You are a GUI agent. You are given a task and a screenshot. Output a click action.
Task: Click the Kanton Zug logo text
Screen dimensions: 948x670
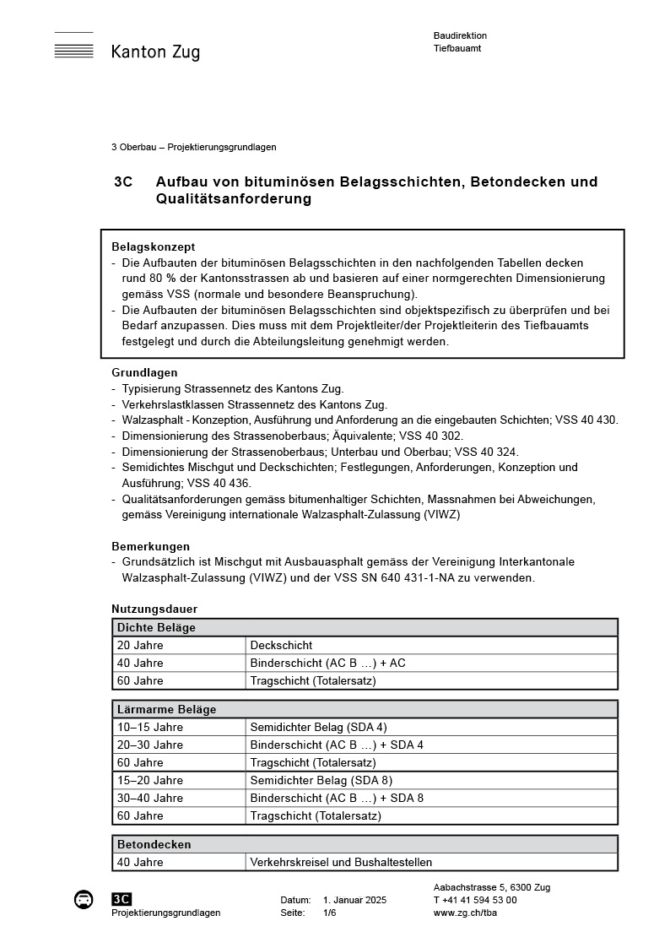click(155, 52)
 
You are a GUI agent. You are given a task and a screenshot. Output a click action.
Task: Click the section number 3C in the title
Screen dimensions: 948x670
click(123, 181)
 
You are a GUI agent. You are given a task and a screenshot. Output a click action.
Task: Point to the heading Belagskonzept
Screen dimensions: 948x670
click(153, 246)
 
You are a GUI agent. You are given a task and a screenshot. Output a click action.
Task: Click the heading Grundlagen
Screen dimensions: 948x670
click(144, 372)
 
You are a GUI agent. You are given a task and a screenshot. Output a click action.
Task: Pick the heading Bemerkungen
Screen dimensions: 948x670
click(150, 546)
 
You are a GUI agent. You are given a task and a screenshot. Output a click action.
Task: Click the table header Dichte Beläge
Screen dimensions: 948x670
click(156, 627)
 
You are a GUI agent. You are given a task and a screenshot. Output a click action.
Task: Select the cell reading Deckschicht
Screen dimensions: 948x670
click(281, 645)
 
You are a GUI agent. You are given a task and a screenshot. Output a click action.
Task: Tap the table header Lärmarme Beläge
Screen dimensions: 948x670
click(166, 709)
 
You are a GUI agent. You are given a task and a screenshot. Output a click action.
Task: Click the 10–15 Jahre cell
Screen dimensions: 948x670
click(150, 727)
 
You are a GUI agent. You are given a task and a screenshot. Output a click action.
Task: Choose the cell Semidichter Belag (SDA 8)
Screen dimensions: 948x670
click(321, 780)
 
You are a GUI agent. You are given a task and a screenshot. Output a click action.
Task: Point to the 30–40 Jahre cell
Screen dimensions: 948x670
click(150, 798)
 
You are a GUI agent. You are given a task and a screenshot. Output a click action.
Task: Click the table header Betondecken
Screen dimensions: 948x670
click(154, 844)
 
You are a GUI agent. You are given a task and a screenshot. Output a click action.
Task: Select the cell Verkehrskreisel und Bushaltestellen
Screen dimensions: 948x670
click(341, 862)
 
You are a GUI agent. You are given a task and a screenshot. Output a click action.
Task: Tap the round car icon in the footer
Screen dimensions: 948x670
click(84, 900)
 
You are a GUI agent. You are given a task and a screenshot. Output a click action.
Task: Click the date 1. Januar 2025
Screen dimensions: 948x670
click(354, 900)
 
